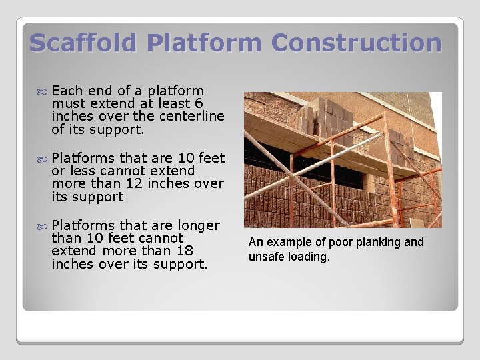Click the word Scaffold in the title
tap(83, 43)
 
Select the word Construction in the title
tap(356, 43)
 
